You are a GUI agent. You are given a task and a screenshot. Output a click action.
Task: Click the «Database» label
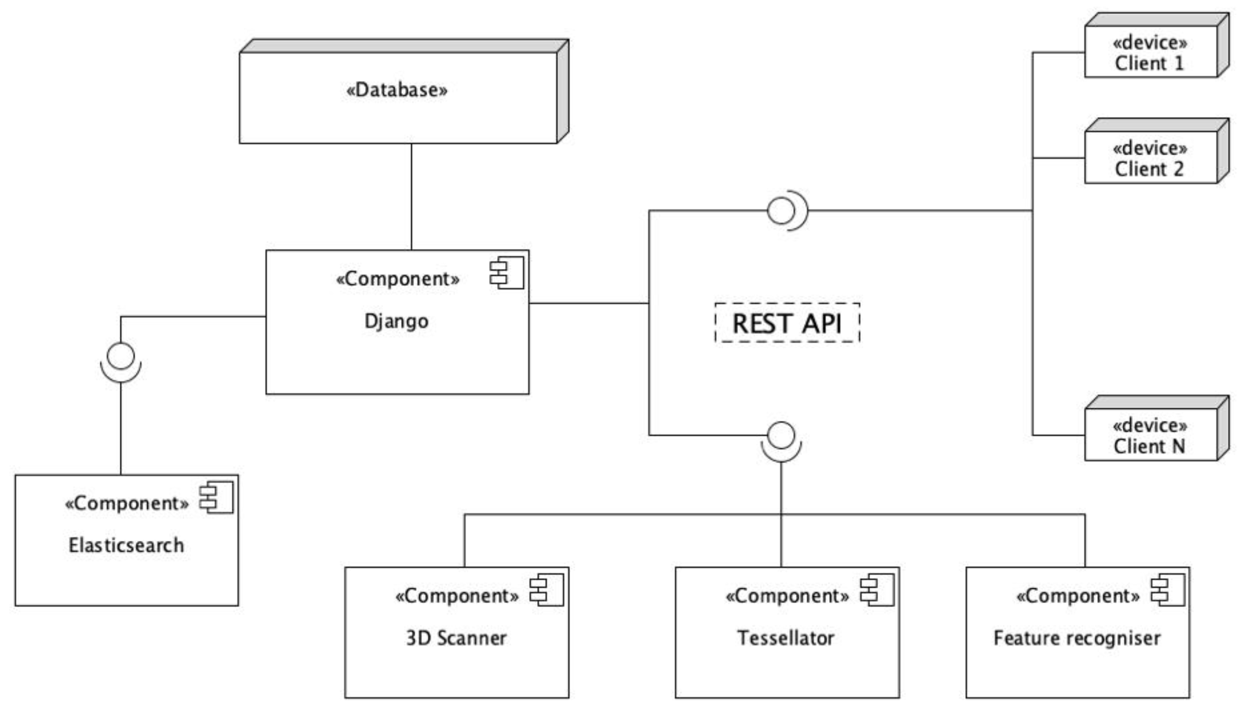(396, 90)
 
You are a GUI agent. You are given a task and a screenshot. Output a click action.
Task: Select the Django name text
(396, 322)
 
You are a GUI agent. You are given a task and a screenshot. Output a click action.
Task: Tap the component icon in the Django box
(507, 272)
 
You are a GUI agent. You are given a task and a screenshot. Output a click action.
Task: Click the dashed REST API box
(787, 323)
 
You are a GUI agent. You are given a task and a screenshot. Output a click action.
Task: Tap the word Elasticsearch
(126, 545)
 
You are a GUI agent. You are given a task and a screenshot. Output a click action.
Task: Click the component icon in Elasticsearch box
(216, 498)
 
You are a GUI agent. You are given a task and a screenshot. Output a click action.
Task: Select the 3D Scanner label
(456, 638)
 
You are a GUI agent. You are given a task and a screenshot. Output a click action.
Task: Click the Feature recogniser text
(1077, 638)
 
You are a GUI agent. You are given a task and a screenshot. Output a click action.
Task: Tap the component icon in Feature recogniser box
(1167, 590)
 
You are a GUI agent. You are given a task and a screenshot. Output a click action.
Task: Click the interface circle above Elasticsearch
(121, 356)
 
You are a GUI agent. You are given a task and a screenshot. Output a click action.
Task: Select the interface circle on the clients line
(781, 210)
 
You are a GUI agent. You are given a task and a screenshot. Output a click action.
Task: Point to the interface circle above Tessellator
(781, 435)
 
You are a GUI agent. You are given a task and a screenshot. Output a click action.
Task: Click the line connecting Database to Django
(411, 197)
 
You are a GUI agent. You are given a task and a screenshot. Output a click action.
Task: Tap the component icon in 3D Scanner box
(546, 590)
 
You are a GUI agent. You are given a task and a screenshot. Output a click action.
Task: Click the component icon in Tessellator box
(877, 590)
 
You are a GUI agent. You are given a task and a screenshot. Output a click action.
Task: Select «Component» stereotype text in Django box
(397, 279)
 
